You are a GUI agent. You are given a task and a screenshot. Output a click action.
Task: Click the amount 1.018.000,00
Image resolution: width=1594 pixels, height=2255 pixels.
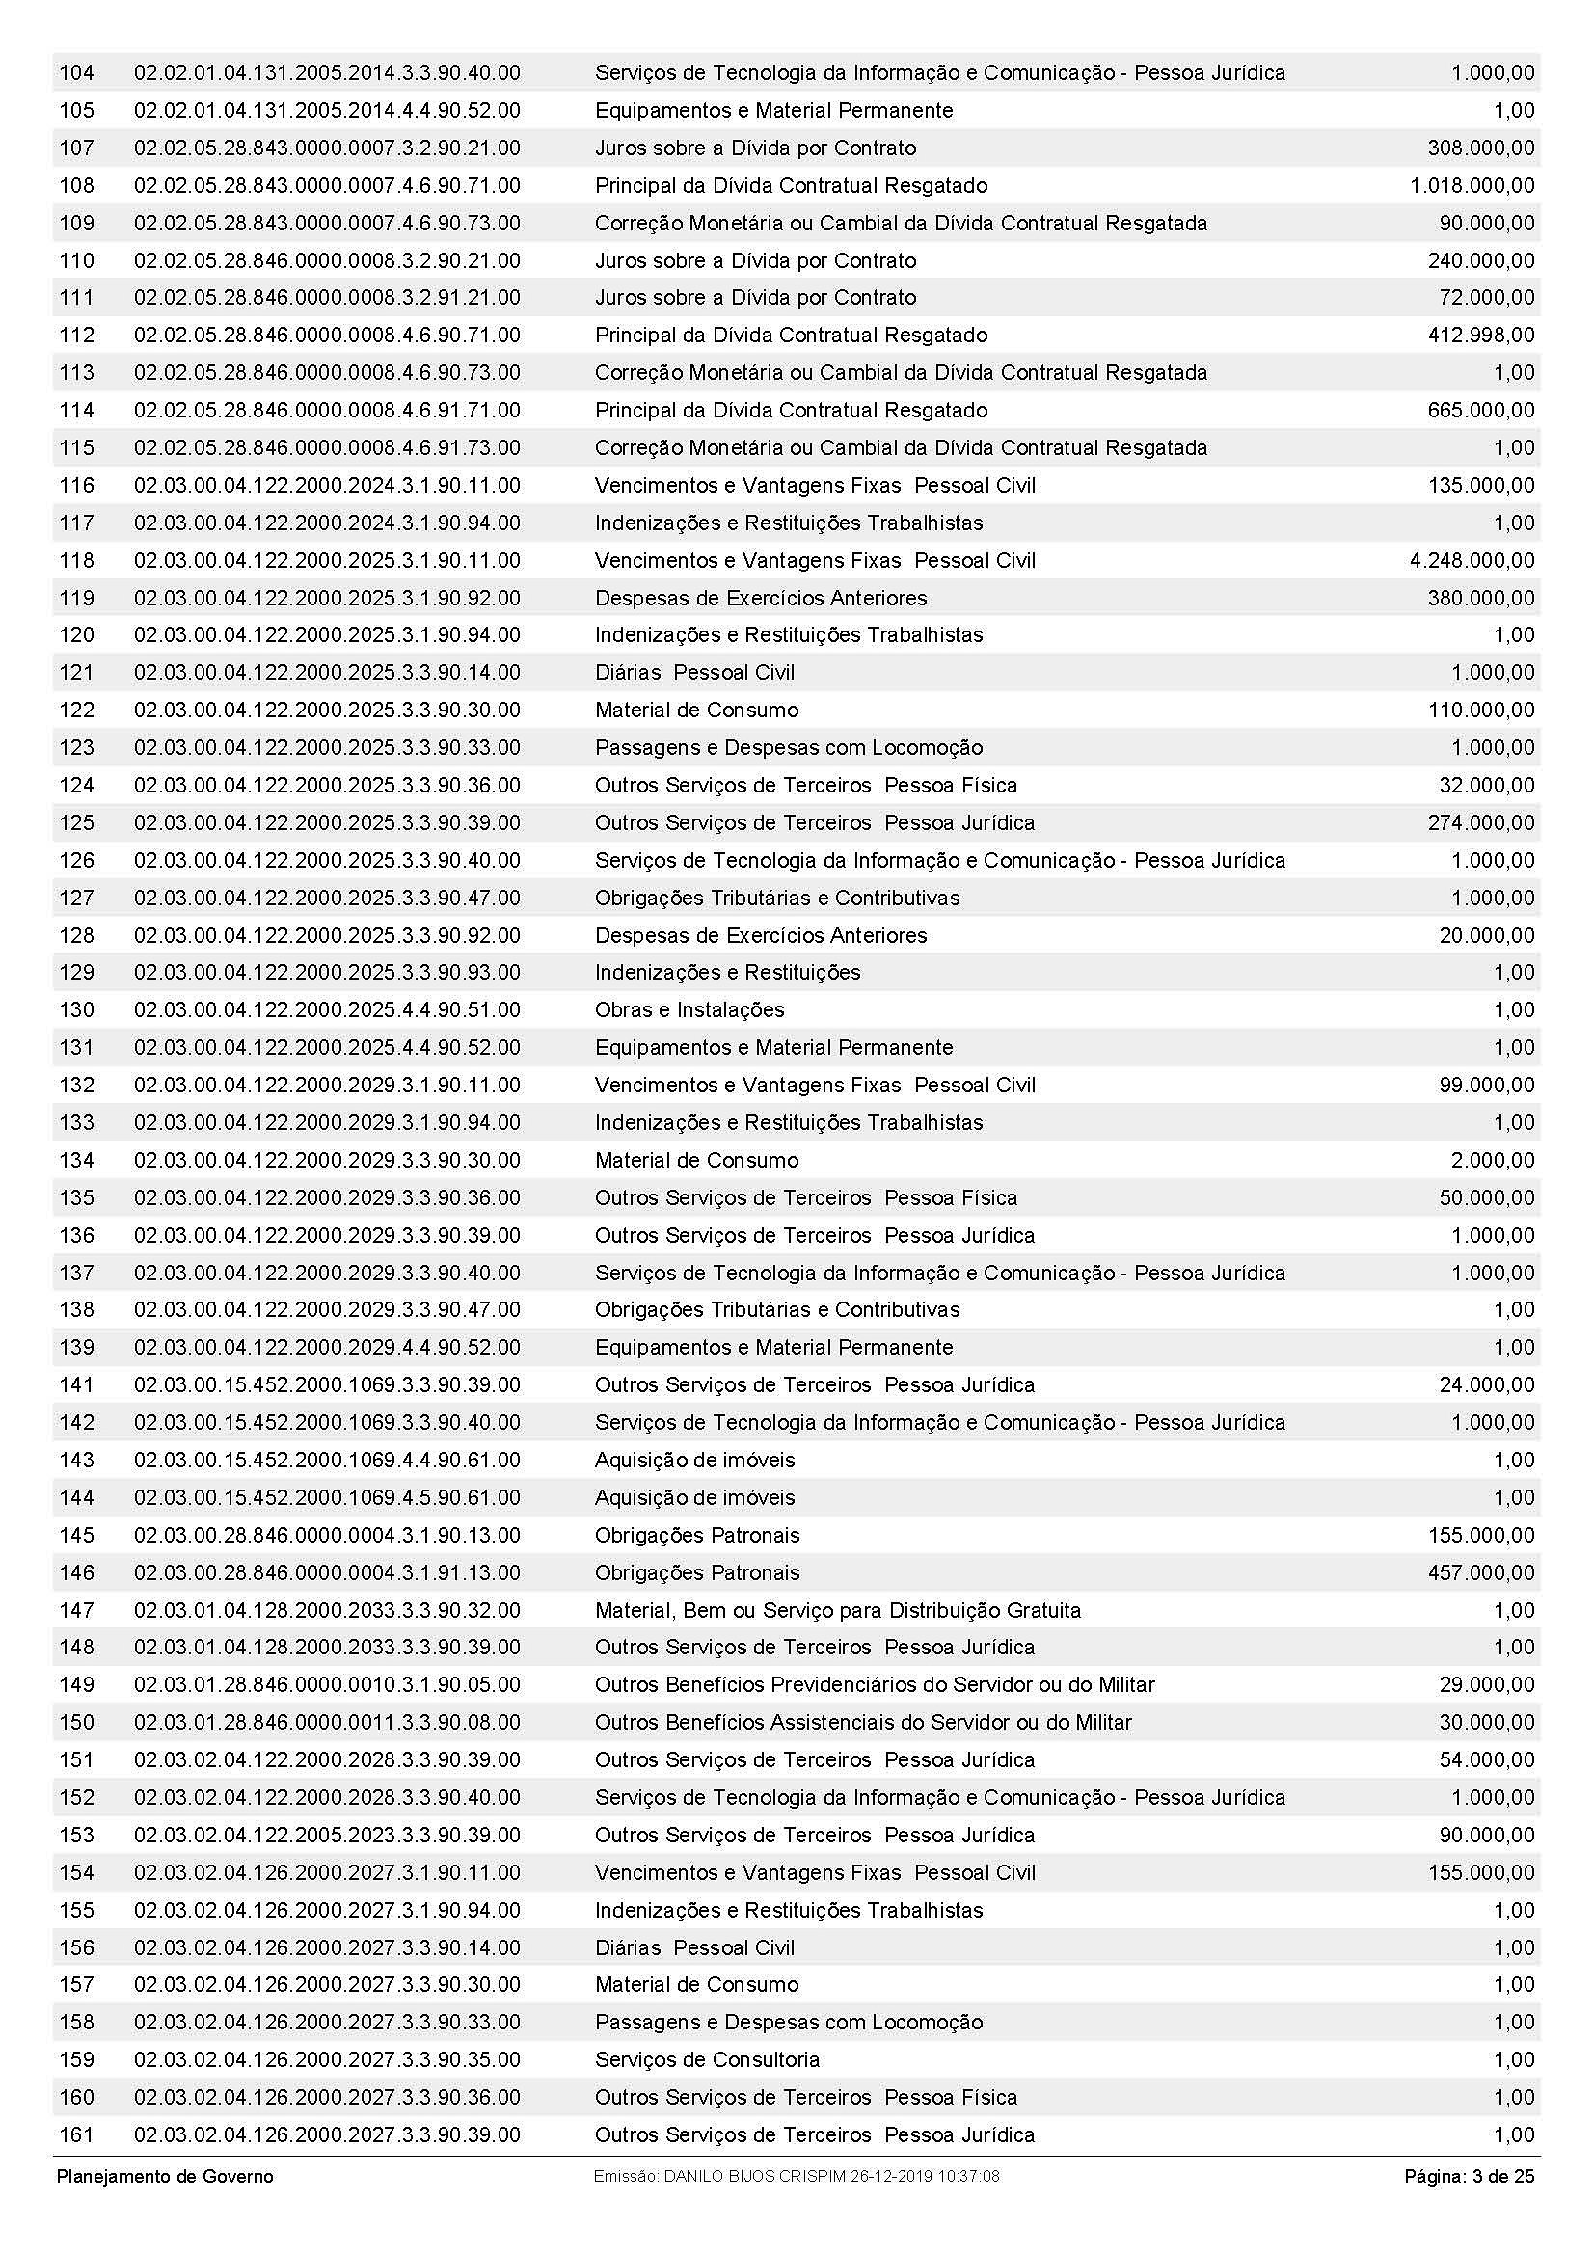tap(1472, 186)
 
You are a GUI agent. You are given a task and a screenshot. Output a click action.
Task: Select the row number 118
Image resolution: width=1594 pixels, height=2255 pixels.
tap(76, 561)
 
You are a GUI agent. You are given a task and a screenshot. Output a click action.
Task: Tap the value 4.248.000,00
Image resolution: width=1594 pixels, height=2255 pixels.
tap(1472, 561)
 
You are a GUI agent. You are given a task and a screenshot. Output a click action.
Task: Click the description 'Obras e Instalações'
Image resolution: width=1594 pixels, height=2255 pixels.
tap(689, 1009)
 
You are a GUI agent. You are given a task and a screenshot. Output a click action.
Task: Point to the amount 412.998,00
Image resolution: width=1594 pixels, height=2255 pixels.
tap(1480, 335)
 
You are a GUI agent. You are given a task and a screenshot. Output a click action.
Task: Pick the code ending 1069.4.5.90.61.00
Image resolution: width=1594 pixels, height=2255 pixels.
tap(327, 1498)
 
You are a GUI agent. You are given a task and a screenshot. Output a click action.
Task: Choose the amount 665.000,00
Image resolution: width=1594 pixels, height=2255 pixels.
tap(1480, 411)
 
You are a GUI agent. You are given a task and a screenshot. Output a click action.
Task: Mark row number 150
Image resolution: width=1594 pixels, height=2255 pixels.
tap(76, 1722)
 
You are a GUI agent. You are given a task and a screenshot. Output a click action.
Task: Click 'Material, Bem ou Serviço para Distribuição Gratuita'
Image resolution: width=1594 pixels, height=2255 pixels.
tap(838, 1610)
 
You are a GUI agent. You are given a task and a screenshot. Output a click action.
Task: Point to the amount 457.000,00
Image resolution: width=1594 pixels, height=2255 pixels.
tap(1480, 1572)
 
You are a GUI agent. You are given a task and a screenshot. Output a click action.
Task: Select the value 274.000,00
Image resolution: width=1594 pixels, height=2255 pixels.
tap(1480, 823)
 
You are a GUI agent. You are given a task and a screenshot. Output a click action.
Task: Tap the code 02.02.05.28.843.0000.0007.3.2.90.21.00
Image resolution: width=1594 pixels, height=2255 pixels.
tap(327, 148)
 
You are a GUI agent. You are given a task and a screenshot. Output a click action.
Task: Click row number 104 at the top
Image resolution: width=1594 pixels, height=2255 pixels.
tap(76, 72)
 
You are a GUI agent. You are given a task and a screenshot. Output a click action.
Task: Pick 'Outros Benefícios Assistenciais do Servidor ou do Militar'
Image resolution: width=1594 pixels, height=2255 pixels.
tap(863, 1722)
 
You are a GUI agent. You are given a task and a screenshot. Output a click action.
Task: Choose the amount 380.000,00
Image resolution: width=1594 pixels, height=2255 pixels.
tap(1480, 598)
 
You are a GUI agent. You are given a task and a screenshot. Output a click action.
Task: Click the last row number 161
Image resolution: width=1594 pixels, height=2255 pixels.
tap(76, 2134)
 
